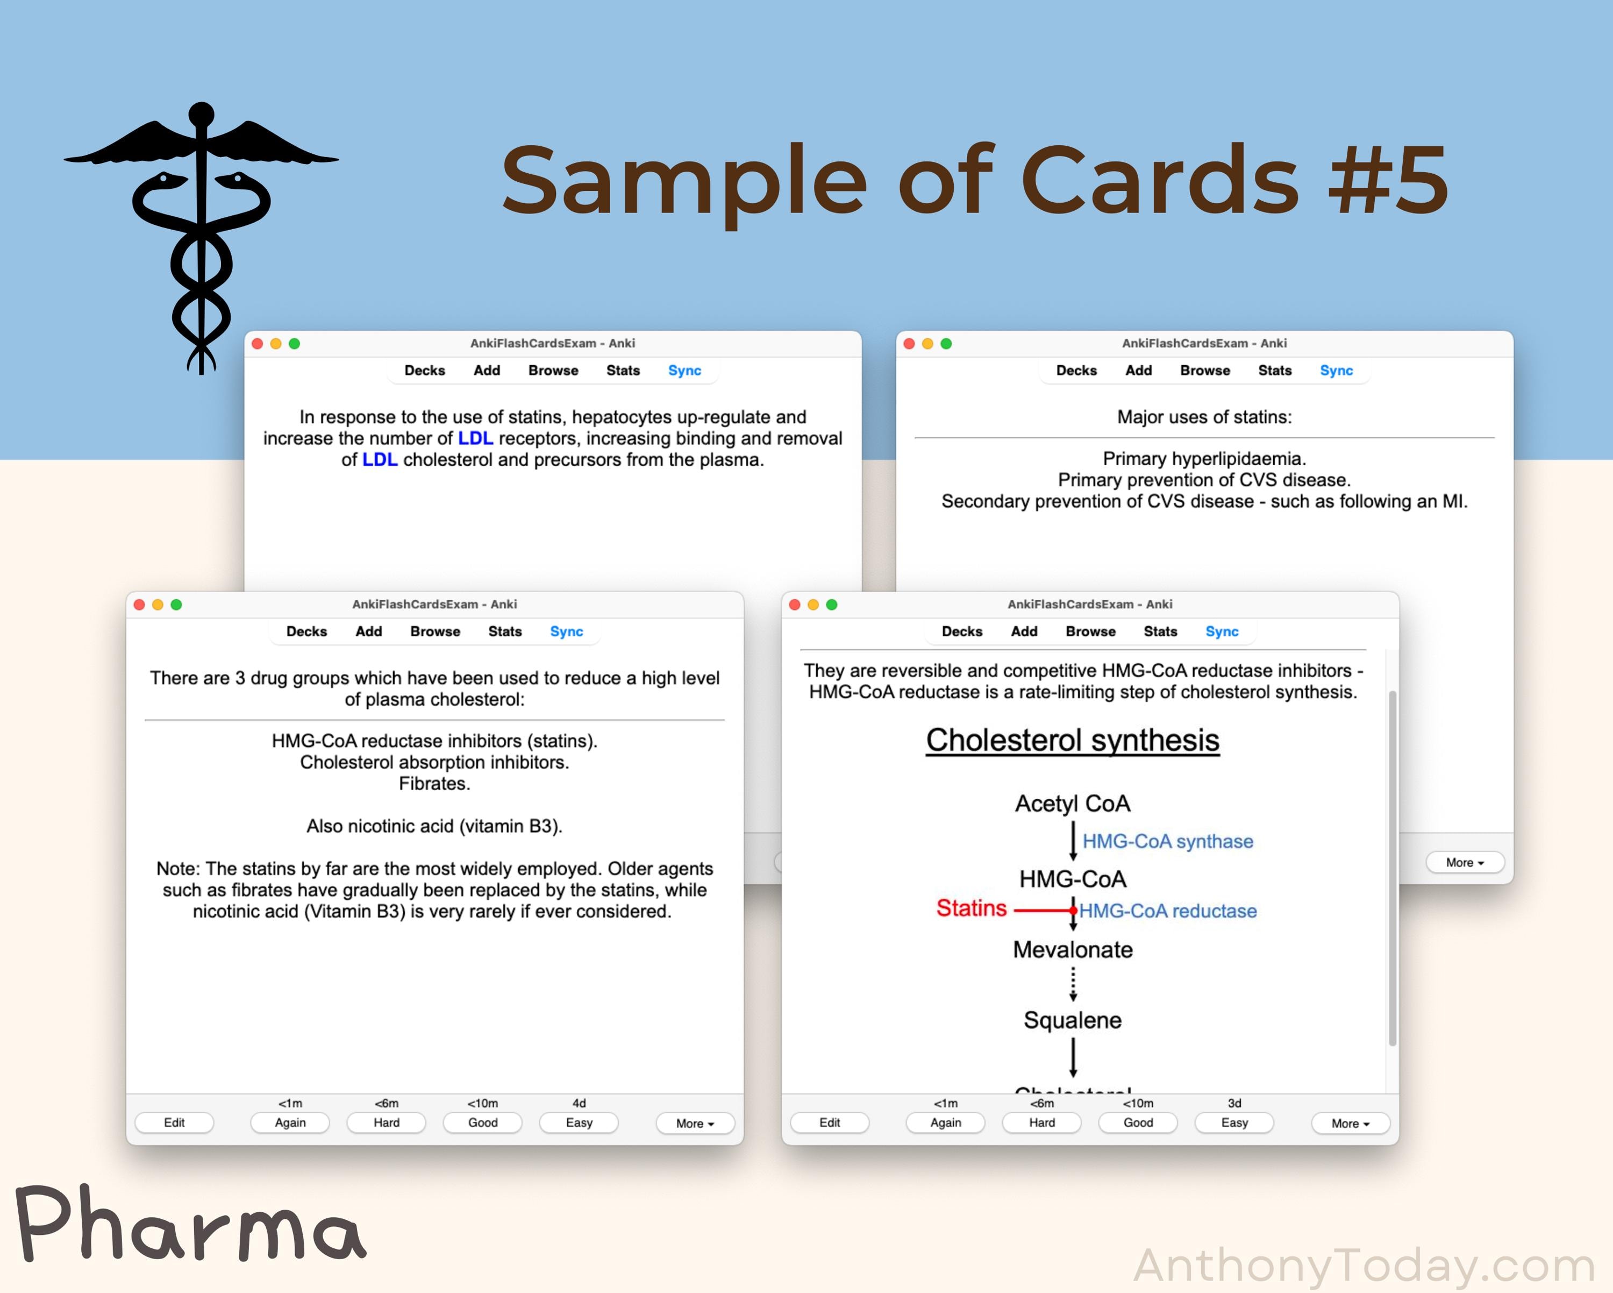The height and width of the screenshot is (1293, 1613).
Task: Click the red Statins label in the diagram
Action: click(x=971, y=908)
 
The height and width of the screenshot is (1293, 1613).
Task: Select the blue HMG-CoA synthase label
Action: click(x=1167, y=842)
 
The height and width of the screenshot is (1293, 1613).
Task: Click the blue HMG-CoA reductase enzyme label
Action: click(x=1168, y=911)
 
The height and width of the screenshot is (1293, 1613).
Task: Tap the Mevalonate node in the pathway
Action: click(x=1072, y=949)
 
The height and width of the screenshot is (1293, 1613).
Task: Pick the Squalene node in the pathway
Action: click(x=1072, y=1021)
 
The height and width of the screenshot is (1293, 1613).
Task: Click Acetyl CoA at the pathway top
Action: click(x=1072, y=804)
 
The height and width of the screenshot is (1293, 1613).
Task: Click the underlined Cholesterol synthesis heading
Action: click(x=1072, y=741)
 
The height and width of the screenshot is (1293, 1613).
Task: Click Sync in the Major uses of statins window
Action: click(x=1336, y=371)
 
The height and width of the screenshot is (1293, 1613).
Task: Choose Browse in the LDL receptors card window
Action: click(x=553, y=371)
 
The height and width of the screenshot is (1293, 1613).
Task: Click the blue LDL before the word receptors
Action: click(x=475, y=438)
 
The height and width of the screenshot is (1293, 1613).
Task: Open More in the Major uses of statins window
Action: click(x=1464, y=863)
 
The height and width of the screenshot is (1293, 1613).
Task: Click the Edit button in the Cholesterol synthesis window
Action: click(x=829, y=1123)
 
